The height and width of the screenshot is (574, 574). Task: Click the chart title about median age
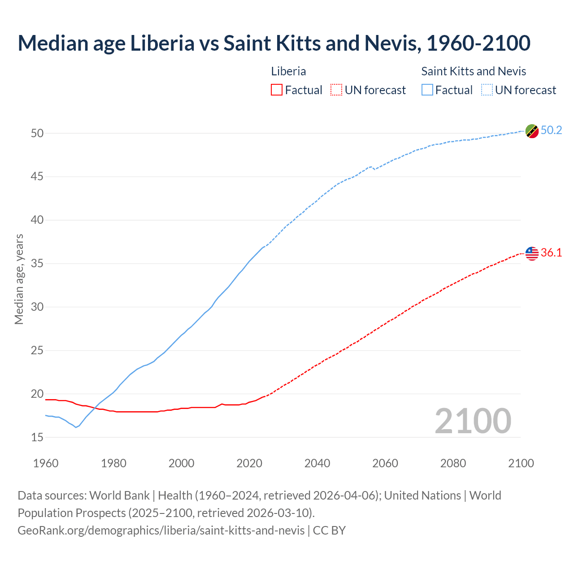point(274,43)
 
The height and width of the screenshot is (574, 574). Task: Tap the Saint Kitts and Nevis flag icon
point(532,131)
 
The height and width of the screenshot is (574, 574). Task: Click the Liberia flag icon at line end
point(532,253)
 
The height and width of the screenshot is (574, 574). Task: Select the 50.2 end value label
point(551,130)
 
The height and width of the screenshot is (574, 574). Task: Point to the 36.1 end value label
point(551,253)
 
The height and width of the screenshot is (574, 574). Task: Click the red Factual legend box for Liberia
point(277,90)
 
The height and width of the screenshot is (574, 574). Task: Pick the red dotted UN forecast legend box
point(336,90)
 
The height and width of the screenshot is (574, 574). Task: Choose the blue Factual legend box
point(427,90)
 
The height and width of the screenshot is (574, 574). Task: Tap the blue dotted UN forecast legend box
point(487,90)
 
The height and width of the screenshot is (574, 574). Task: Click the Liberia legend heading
point(288,71)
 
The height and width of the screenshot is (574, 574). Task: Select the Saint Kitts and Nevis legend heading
point(474,71)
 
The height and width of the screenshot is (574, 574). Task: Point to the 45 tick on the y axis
point(37,177)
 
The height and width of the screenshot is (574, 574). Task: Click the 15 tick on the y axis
point(37,437)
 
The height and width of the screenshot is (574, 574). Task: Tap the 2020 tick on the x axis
point(249,463)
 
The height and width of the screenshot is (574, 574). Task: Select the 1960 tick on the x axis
point(46,463)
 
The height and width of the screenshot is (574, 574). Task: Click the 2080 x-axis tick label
point(453,463)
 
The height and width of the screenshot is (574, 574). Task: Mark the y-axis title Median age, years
point(19,279)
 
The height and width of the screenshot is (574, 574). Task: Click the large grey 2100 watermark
point(473,421)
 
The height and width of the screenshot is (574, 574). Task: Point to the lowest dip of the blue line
point(76,427)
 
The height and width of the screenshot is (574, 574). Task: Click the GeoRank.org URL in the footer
point(161,531)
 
